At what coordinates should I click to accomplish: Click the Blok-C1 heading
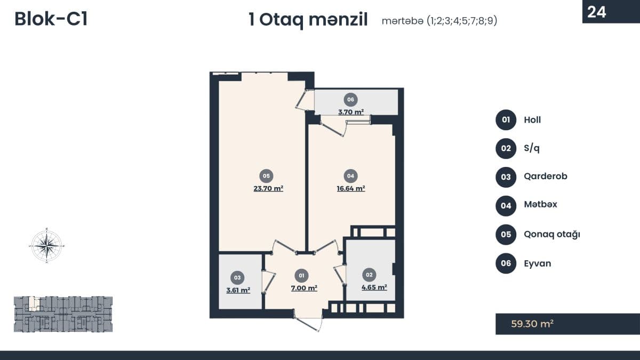[51, 19]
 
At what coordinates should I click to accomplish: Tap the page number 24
[597, 12]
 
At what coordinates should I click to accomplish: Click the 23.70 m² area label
[268, 188]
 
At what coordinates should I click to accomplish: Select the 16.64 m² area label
[351, 188]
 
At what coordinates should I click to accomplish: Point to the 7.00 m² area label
[304, 287]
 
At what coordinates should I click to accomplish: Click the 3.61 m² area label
[238, 290]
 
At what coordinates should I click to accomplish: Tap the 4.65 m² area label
[374, 287]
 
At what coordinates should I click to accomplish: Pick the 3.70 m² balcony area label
[351, 111]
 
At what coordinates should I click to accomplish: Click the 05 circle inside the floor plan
[266, 176]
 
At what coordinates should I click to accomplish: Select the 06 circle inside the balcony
[350, 100]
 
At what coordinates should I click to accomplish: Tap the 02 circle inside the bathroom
[369, 275]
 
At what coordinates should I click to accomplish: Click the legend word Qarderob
[546, 177]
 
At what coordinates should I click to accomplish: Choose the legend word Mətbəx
[541, 204]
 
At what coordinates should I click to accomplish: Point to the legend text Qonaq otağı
[552, 234]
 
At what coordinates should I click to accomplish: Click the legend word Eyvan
[538, 263]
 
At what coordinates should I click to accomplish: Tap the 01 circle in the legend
[506, 119]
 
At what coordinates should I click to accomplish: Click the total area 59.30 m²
[532, 324]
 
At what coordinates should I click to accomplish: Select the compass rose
[47, 245]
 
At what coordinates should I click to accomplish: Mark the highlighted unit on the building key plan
[34, 303]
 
